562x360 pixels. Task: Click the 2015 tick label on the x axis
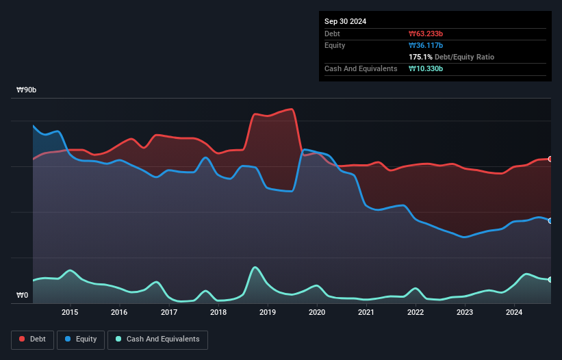[x=70, y=313]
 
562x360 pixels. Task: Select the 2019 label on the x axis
[x=268, y=313]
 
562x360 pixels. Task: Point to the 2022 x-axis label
[x=416, y=313]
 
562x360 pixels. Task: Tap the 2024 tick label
[x=514, y=313]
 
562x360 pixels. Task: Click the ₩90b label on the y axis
[x=27, y=90]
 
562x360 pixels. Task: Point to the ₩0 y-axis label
[x=23, y=296]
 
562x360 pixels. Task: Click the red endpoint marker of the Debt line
[x=550, y=159]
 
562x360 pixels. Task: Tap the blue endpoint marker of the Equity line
[x=550, y=220]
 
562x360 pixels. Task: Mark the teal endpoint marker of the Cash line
[x=550, y=279]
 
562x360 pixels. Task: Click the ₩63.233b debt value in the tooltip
[x=426, y=34]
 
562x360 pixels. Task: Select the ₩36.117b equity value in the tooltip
[x=426, y=45]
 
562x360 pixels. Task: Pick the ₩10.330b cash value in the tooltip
[x=426, y=68]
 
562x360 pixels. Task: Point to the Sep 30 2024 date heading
[x=345, y=21]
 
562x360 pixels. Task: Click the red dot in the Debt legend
[x=23, y=339]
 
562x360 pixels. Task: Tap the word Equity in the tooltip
[x=335, y=45]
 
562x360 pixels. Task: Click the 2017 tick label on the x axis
[x=169, y=313]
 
